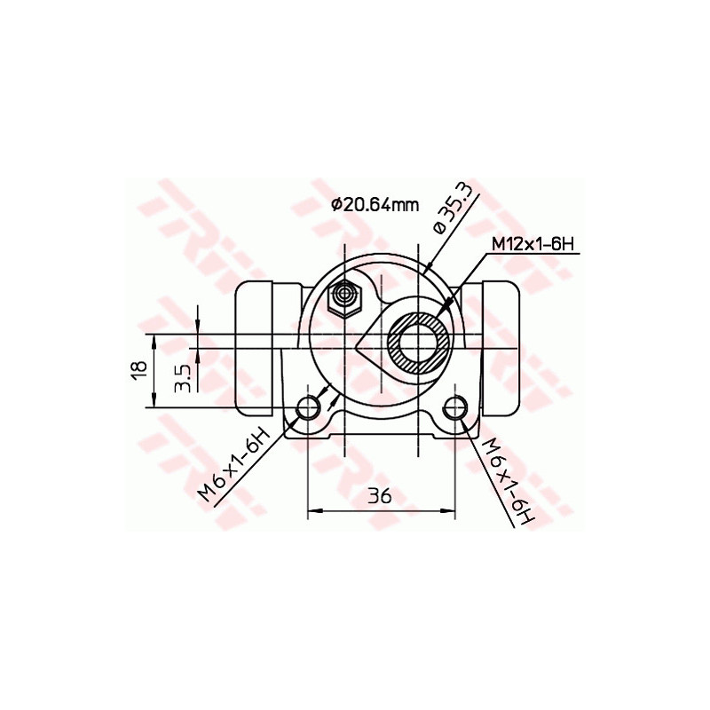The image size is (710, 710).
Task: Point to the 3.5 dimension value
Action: tap(183, 375)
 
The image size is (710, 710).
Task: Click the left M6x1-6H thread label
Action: tap(233, 466)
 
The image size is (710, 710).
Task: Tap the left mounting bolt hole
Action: tap(308, 408)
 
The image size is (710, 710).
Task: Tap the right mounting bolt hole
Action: tap(455, 408)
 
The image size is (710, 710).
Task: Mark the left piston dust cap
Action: tap(256, 349)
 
